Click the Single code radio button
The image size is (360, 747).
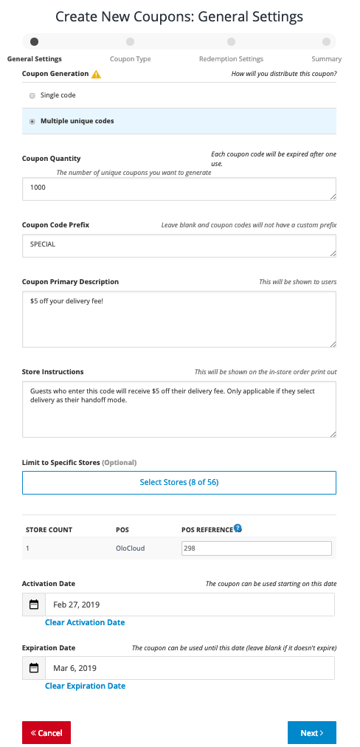pos(32,95)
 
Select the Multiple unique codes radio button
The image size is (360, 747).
pos(32,121)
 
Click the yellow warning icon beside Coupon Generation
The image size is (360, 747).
pos(97,75)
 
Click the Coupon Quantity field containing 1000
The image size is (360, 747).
pos(179,188)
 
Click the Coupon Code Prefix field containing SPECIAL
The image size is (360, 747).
pos(179,245)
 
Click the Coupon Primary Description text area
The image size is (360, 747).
pos(179,319)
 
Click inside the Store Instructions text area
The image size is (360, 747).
pos(179,409)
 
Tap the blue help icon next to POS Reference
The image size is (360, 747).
pos(238,529)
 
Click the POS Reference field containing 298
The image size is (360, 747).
pos(256,548)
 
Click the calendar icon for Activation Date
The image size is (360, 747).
pos(34,605)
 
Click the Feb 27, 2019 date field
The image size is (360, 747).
pos(190,605)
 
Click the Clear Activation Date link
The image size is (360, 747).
pos(85,622)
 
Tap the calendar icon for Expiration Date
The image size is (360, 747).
pos(34,668)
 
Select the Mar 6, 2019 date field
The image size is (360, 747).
pos(190,668)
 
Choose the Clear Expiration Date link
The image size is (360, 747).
pos(85,686)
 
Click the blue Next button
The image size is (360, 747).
pos(311,733)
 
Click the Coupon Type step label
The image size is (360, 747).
pos(130,59)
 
